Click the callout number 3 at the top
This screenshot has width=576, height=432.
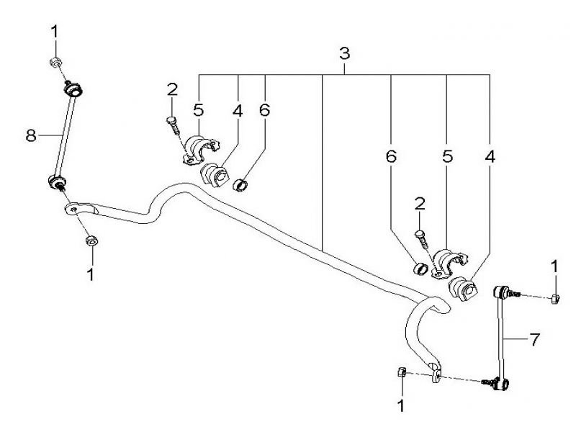(x=344, y=54)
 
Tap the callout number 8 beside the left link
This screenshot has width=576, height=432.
(x=31, y=135)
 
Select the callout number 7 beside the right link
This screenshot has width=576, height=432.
(x=534, y=339)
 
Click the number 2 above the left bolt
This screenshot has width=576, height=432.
(x=172, y=89)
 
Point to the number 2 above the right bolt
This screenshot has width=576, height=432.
(x=419, y=204)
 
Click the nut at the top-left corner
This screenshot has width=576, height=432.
(x=55, y=62)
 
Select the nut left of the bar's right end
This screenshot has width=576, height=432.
(x=402, y=372)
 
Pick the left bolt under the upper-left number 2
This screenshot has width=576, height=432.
(x=173, y=125)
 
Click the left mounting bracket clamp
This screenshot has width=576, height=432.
(x=200, y=148)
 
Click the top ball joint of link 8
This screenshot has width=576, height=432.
(x=73, y=91)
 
